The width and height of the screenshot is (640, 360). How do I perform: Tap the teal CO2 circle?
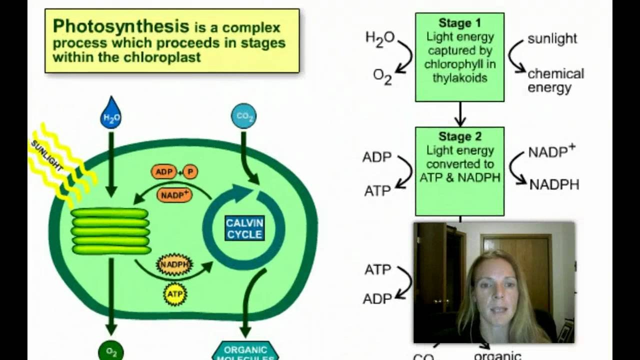tap(244, 116)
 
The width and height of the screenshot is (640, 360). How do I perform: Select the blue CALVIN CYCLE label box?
tap(244, 228)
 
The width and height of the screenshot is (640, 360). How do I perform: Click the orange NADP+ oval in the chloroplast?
tap(174, 195)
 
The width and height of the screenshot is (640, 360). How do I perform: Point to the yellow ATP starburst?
tap(175, 294)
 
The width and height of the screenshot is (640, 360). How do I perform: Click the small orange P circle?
tap(190, 172)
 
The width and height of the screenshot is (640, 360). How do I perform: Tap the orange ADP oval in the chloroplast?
tap(164, 172)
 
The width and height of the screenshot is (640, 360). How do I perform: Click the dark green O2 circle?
tap(111, 352)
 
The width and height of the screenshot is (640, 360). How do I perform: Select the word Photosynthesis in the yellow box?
tap(121, 26)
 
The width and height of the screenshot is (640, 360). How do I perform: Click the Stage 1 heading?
tap(459, 23)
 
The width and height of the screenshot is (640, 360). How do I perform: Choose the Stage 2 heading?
tap(459, 136)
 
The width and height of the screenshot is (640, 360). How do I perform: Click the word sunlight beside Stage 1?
tap(552, 38)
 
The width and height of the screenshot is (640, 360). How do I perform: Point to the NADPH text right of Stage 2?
tap(554, 185)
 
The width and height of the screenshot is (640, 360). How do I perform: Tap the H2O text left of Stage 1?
tap(380, 37)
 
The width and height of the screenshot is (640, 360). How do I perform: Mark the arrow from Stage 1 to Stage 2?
tap(459, 114)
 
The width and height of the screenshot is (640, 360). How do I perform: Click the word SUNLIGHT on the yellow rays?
tap(47, 155)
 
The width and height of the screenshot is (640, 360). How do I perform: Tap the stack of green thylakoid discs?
tap(110, 231)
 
